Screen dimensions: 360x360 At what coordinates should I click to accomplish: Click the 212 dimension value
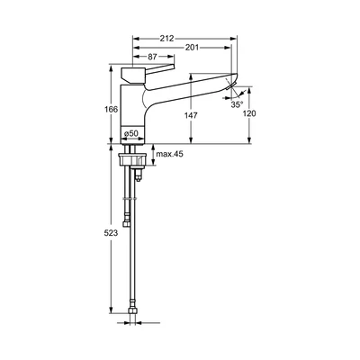(x=166, y=39)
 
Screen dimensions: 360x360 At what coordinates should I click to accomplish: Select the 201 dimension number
(x=192, y=48)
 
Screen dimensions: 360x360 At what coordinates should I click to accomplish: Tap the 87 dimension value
(x=153, y=57)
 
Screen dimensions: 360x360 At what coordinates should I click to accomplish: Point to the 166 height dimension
(x=112, y=110)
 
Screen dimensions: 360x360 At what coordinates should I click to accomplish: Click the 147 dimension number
(x=191, y=115)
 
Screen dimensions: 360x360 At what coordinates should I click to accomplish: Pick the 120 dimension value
(x=249, y=113)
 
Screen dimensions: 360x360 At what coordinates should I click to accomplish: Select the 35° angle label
(x=237, y=104)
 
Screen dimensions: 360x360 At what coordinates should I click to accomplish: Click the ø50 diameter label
(x=131, y=134)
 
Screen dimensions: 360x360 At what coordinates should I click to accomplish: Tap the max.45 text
(x=169, y=154)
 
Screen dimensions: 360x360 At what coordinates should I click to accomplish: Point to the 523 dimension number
(x=111, y=233)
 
